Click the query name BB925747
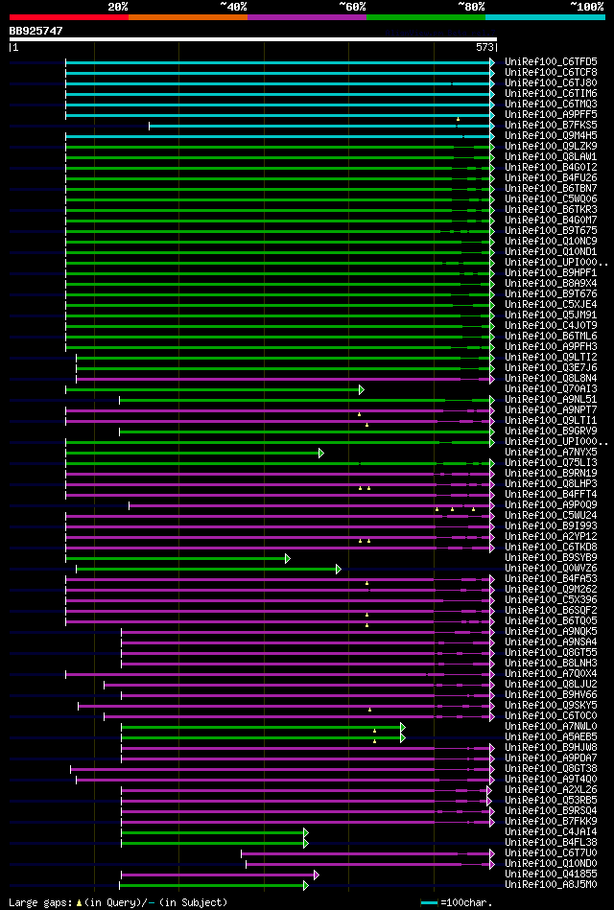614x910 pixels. pos(36,31)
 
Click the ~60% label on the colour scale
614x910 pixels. pos(352,7)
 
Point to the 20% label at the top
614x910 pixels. pos(118,7)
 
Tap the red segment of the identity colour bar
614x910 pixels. pos(68,17)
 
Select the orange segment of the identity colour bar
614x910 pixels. pos(187,17)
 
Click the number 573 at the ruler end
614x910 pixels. pos(484,46)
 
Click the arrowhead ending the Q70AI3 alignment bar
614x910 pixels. pos(362,389)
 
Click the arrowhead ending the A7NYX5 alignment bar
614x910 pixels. pos(321,453)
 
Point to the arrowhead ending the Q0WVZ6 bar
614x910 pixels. pos(339,569)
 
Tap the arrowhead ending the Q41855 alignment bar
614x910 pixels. pos(317,875)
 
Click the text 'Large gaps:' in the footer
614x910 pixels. pos(38,902)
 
